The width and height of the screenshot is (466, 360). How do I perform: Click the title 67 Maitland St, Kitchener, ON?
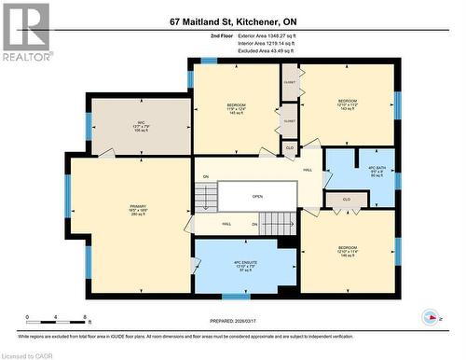pyautogui.click(x=232, y=21)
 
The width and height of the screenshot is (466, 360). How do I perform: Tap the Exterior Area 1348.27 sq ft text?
pyautogui.click(x=277, y=35)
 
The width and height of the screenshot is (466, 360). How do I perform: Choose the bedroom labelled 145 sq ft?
pyautogui.click(x=235, y=108)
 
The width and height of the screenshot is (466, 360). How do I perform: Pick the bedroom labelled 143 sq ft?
pyautogui.click(x=348, y=104)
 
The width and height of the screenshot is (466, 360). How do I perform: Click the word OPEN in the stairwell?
pyautogui.click(x=257, y=197)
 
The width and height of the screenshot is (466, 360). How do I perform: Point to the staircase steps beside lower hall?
pyautogui.click(x=276, y=224)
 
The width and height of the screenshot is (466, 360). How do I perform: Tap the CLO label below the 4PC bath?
pyautogui.click(x=346, y=199)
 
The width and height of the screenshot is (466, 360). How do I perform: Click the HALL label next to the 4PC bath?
pyautogui.click(x=307, y=171)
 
